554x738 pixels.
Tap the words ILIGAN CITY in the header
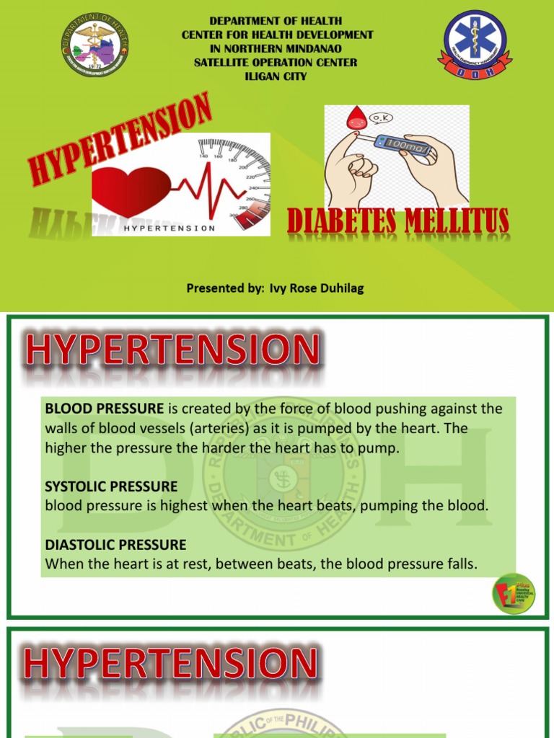coord(277,76)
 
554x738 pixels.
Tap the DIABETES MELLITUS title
coord(398,221)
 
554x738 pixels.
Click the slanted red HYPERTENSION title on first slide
coord(120,137)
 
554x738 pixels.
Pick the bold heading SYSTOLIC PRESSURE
coord(111,487)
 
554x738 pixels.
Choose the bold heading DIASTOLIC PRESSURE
coord(115,545)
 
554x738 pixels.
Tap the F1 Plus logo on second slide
coord(514,593)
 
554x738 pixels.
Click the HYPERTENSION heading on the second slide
coord(172,351)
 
